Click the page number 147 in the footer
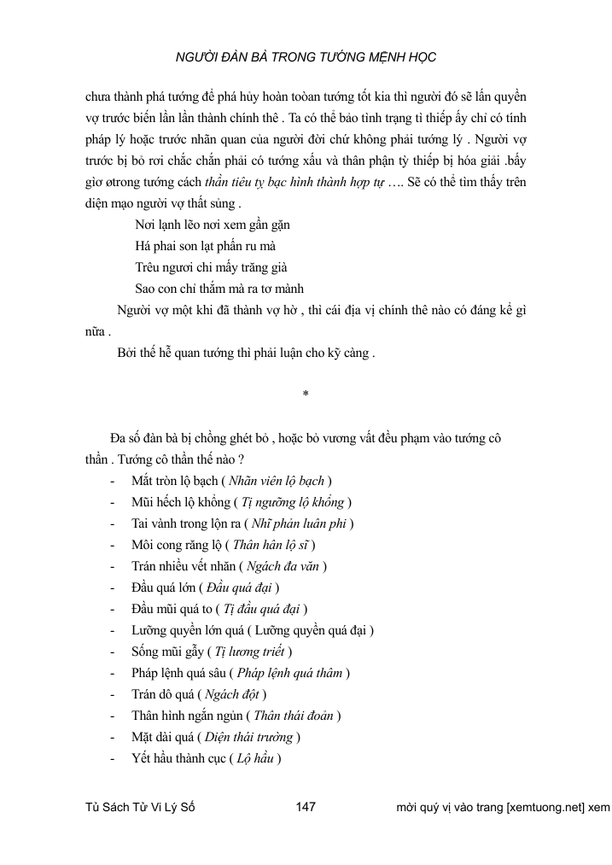[306, 808]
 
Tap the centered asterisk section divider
[305, 395]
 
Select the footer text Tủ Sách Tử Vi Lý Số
[141, 808]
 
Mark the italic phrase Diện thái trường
[250, 738]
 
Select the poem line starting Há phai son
[205, 245]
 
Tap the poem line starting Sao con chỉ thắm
[219, 288]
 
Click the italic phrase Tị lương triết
[249, 652]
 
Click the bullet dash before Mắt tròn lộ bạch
[114, 481]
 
